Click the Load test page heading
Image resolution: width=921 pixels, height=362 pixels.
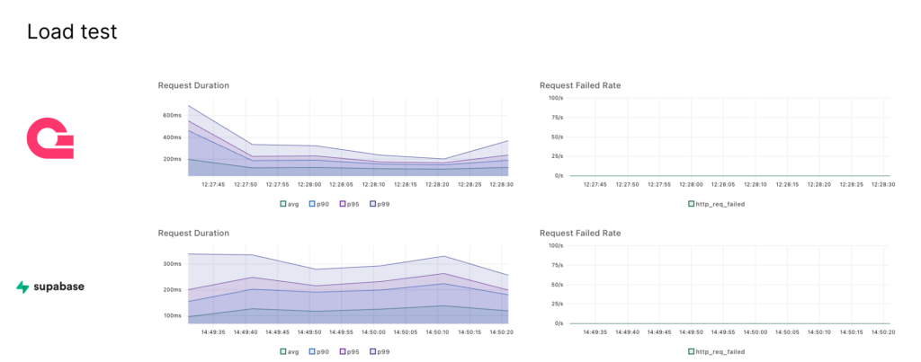tap(72, 32)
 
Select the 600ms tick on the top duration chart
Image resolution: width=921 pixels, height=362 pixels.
tap(172, 116)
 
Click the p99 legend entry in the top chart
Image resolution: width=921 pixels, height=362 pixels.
tap(382, 204)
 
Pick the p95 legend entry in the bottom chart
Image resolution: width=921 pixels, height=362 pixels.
tap(351, 351)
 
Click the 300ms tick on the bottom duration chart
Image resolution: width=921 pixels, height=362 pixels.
tap(172, 264)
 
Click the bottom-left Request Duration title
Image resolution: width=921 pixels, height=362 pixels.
tap(193, 233)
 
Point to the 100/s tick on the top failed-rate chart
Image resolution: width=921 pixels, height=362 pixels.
tap(555, 97)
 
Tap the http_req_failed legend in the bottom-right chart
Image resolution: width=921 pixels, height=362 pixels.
tap(717, 351)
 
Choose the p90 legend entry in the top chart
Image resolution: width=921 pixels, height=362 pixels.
tap(319, 204)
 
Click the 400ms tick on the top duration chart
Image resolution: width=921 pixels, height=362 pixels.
tap(172, 137)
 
